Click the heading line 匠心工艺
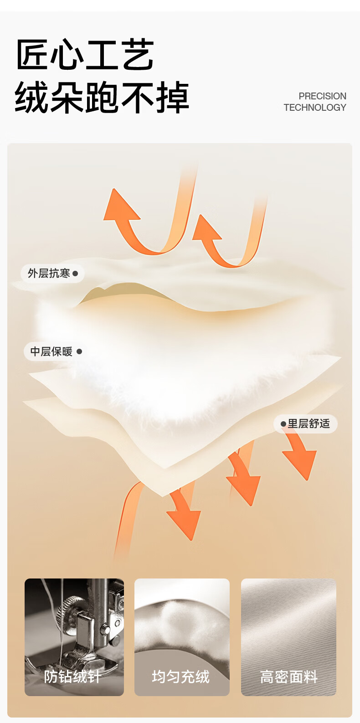[85, 55]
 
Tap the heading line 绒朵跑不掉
[102, 97]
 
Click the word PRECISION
[322, 96]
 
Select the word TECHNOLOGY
[315, 108]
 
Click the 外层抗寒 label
[49, 274]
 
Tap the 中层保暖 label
[51, 351]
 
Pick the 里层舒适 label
[309, 423]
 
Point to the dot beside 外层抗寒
[75, 274]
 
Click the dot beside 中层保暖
[79, 351]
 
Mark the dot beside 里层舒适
[283, 424]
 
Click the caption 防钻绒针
[72, 677]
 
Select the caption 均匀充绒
[181, 677]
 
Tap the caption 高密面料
[288, 677]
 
